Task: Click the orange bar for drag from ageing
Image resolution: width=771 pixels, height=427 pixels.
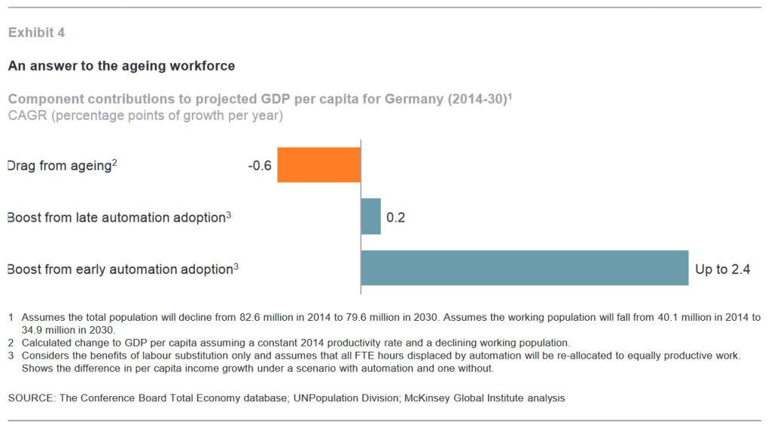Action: click(318, 164)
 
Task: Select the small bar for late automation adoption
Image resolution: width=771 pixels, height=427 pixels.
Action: click(370, 217)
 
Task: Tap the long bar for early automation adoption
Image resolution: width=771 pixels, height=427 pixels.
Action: click(524, 268)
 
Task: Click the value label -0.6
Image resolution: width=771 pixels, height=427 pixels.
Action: click(260, 165)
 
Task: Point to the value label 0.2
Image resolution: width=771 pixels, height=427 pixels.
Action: click(396, 218)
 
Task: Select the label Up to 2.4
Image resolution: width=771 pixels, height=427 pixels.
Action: click(722, 269)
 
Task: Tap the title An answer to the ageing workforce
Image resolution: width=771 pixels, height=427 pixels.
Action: click(121, 66)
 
